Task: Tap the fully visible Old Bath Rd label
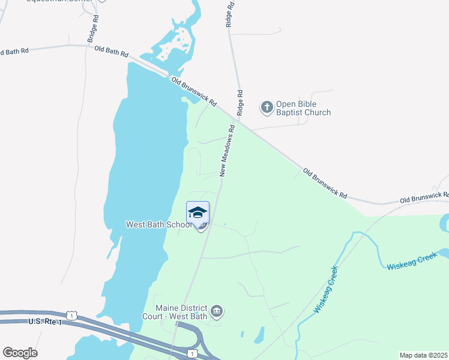pos(107,52)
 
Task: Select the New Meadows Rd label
pos(226,151)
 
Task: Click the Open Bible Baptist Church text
pos(303,108)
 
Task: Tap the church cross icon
pos(267,107)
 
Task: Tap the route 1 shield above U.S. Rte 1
pos(71,315)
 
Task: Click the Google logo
pos(20,352)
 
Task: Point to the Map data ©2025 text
pos(423,355)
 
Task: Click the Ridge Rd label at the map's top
pos(229,13)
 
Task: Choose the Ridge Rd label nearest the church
pos(240,103)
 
